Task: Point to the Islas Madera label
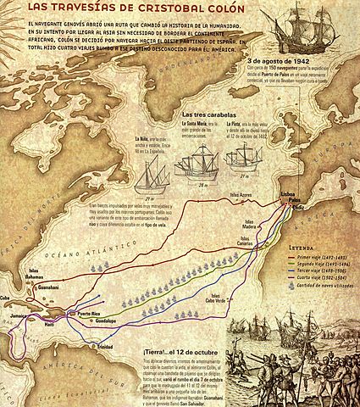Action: point(247,224)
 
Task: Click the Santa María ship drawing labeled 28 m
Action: point(189,157)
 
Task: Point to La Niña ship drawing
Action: point(138,165)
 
